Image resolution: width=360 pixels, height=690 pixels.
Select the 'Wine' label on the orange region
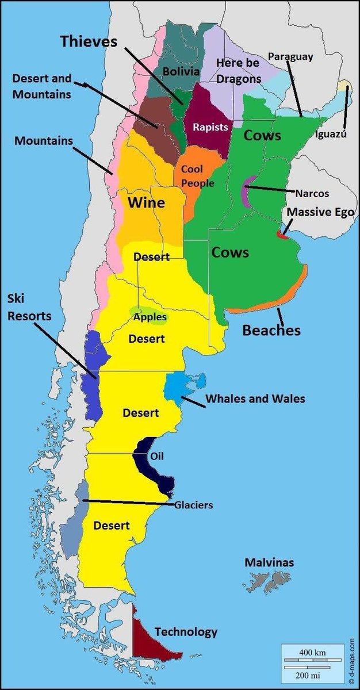click(x=146, y=202)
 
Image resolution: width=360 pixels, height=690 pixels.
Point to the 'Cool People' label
click(x=197, y=176)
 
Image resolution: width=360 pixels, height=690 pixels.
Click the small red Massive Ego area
click(x=282, y=234)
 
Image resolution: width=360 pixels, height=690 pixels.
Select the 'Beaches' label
click(x=271, y=330)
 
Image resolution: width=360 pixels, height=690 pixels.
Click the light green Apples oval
click(x=150, y=317)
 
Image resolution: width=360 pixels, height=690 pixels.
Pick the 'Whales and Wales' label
click(x=255, y=398)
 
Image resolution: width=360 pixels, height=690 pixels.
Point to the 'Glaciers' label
click(x=194, y=505)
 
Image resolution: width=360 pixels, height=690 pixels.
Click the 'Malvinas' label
click(x=269, y=562)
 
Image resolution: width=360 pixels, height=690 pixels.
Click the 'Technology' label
click(x=186, y=632)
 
